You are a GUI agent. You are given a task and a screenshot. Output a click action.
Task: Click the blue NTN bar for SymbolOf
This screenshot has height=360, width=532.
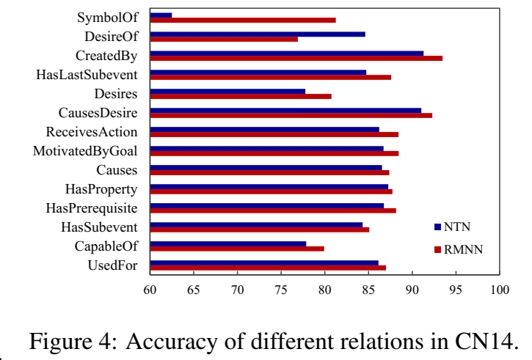(161, 15)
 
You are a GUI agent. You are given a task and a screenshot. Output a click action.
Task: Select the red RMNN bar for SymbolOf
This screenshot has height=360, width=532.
(243, 20)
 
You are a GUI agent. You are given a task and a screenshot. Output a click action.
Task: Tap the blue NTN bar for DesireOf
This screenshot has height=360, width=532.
(258, 34)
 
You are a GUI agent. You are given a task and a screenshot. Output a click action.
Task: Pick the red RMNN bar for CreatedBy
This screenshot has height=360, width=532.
(296, 58)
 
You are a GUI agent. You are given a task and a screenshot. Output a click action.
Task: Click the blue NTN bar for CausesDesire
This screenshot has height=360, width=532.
(285, 110)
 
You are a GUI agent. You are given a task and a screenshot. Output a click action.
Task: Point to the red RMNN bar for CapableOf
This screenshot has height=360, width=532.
(237, 249)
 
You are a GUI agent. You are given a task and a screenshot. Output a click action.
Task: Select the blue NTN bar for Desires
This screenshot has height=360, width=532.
(227, 91)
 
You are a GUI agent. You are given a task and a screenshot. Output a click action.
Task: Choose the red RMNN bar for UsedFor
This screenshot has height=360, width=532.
(268, 268)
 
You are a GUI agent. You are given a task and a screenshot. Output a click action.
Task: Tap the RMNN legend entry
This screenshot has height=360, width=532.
(463, 249)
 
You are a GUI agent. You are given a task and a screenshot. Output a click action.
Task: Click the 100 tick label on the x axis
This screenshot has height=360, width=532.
(500, 290)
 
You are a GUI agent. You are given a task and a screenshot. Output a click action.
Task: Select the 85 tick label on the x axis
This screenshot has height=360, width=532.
(368, 290)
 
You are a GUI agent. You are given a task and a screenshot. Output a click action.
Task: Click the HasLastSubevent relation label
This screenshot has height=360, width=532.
(87, 74)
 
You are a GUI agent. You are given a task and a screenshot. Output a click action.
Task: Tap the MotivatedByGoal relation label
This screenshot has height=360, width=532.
(85, 151)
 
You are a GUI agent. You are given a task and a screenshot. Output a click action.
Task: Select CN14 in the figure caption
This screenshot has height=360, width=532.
(484, 342)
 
